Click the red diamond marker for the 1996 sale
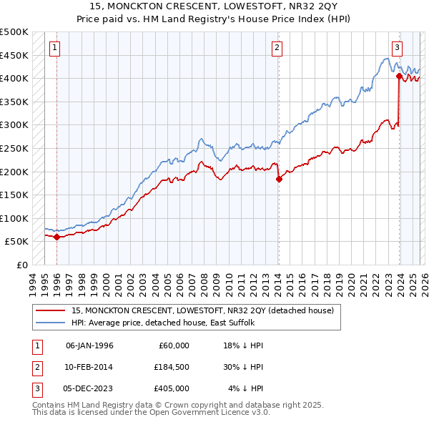pos(56,237)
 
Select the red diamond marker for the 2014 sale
pos(278,180)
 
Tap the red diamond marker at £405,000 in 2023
pos(398,75)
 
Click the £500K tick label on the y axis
pos(14,32)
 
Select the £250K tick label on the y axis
pos(14,148)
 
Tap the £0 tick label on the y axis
pos(21,265)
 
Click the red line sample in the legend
pos(50,310)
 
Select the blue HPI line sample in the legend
pos(50,323)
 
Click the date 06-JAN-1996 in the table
pos(89,345)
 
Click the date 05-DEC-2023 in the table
pos(89,388)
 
